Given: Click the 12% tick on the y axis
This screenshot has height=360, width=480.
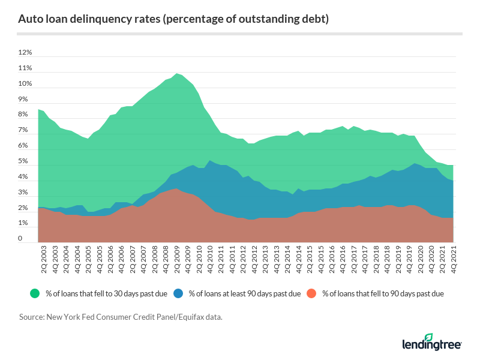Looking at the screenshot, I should click(25, 53).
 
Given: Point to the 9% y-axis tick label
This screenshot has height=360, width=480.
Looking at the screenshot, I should click(23, 100).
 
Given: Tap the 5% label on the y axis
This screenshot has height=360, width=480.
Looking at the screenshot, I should click(23, 161).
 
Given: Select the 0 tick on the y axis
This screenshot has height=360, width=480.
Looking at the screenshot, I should click(20, 239).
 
